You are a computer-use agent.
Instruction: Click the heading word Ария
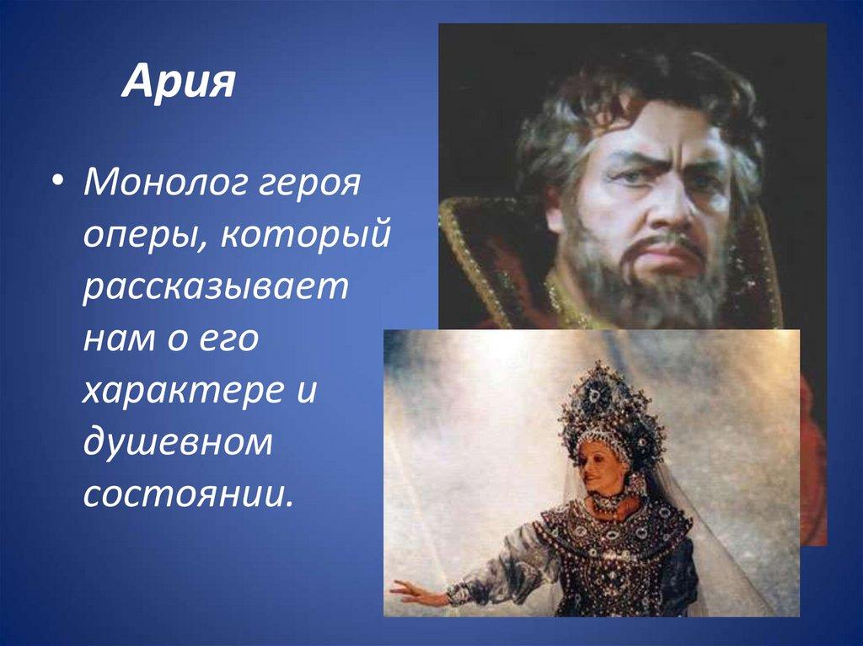click(178, 84)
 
